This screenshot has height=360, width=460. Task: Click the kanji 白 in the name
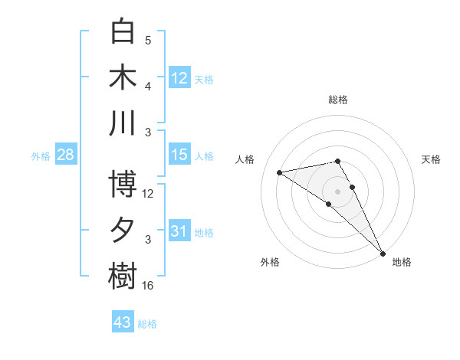pos(123,32)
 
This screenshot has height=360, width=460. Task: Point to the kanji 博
pos(123,185)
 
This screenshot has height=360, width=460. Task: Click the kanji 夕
pos(123,231)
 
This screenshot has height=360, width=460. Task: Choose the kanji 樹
pos(123,277)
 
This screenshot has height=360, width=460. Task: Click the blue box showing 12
pos(179,77)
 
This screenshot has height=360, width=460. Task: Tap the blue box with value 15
pos(179,155)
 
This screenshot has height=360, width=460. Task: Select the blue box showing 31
pos(179,231)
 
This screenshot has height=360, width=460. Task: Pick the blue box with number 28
pos(65,155)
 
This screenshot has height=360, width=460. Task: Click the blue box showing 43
pos(123,322)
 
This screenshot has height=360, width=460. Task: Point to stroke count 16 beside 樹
pos(148,286)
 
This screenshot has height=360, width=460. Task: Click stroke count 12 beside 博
pos(148,194)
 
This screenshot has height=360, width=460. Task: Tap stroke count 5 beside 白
pos(148,41)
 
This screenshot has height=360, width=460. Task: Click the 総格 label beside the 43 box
pos(147,324)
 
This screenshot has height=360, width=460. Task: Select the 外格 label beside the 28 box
pos(41,156)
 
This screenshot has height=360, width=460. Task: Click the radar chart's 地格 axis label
pos(402,263)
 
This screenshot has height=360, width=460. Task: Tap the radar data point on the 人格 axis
pos(280,172)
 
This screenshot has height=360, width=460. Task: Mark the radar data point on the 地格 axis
pos(382,253)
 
